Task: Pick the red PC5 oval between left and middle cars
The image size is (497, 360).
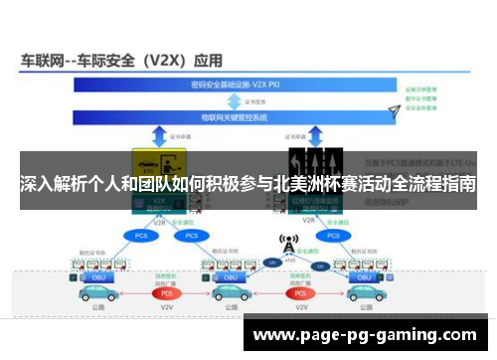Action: click(x=166, y=293)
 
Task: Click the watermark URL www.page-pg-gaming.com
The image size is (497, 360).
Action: click(x=373, y=335)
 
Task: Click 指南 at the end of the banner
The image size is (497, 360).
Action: click(x=459, y=184)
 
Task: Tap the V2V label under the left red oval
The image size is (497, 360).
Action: click(x=166, y=310)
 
